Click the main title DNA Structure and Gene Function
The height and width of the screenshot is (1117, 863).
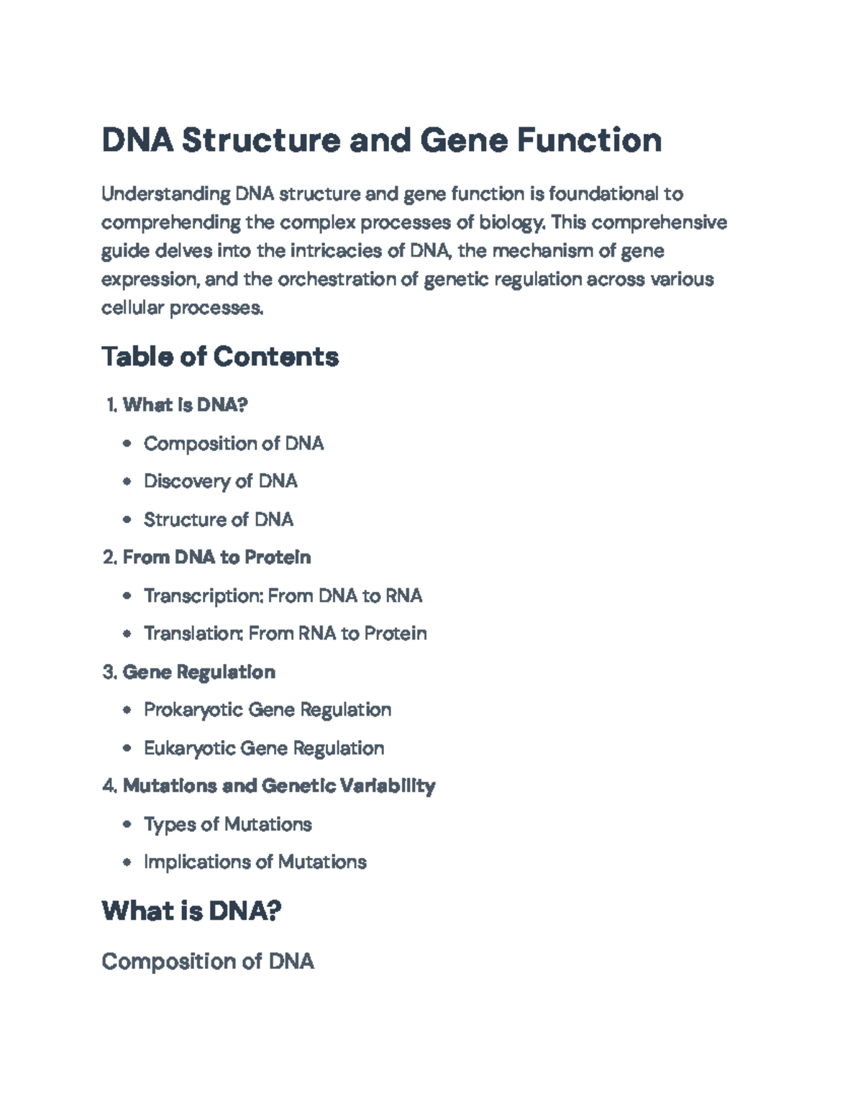click(x=381, y=140)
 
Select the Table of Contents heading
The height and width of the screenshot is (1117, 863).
click(x=220, y=357)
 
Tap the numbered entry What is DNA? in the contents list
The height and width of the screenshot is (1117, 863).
click(x=185, y=405)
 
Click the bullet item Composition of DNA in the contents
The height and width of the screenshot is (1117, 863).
click(x=234, y=444)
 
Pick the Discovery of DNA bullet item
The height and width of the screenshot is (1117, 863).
click(x=220, y=481)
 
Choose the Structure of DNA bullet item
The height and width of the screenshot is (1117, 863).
click(x=219, y=519)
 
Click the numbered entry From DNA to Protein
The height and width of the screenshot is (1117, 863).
click(x=216, y=557)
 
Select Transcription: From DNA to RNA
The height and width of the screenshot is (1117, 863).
click(x=283, y=596)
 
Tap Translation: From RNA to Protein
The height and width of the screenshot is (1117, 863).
click(x=285, y=634)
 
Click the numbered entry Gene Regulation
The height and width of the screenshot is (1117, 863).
click(x=198, y=672)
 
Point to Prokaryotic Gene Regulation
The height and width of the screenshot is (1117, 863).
click(x=268, y=710)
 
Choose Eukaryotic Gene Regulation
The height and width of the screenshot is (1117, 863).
click(x=264, y=748)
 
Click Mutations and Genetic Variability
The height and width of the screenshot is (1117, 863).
click(x=279, y=786)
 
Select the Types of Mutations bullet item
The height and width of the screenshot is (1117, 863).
click(x=227, y=824)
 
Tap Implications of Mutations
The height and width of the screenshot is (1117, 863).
click(x=255, y=862)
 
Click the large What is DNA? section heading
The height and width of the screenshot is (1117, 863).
click(x=191, y=911)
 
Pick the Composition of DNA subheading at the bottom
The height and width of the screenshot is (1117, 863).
click(x=208, y=961)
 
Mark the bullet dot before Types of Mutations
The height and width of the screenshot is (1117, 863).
click(x=127, y=824)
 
